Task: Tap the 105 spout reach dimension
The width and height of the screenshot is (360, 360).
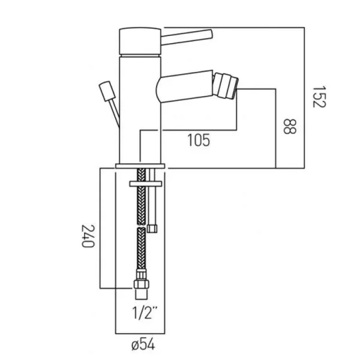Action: point(197,141)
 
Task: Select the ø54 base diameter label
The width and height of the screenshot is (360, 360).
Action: point(142,345)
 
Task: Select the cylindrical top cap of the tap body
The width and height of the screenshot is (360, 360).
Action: point(141,41)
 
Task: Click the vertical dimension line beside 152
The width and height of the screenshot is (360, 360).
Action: point(306,96)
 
